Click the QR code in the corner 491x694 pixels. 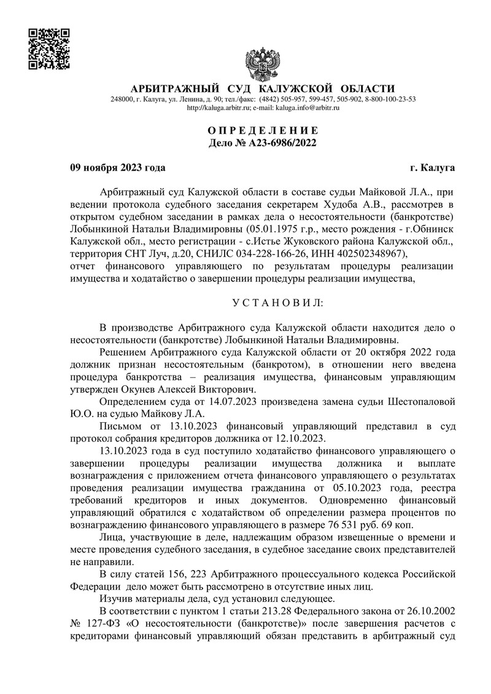[50, 49]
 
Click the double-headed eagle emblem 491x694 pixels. [263, 61]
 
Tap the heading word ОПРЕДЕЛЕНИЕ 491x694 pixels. [263, 131]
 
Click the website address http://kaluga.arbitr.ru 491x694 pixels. [217, 107]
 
